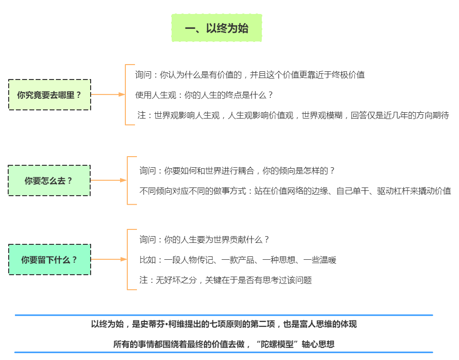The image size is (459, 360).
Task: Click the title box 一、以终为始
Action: pos(216,28)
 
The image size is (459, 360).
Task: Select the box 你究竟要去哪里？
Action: pos(50,95)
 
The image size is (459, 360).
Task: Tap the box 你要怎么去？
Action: pos(49,181)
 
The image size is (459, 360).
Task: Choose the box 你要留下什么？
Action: pos(49,260)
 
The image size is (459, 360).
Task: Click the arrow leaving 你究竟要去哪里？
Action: pos(108,94)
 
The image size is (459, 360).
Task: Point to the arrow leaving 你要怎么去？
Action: pos(108,180)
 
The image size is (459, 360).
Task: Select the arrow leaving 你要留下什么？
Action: pos(108,259)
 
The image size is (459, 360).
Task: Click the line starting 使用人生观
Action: pos(204,95)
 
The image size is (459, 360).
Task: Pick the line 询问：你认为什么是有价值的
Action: pos(250,75)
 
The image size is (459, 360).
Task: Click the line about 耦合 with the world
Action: pos(237,171)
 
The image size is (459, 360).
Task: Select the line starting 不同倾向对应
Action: pos(295,191)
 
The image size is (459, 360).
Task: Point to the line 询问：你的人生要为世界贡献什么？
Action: pos(204,240)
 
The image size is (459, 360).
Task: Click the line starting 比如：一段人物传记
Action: pos(238,260)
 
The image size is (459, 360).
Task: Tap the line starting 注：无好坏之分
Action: pos(226,280)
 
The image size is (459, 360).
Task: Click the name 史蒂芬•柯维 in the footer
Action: pos(167,324)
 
